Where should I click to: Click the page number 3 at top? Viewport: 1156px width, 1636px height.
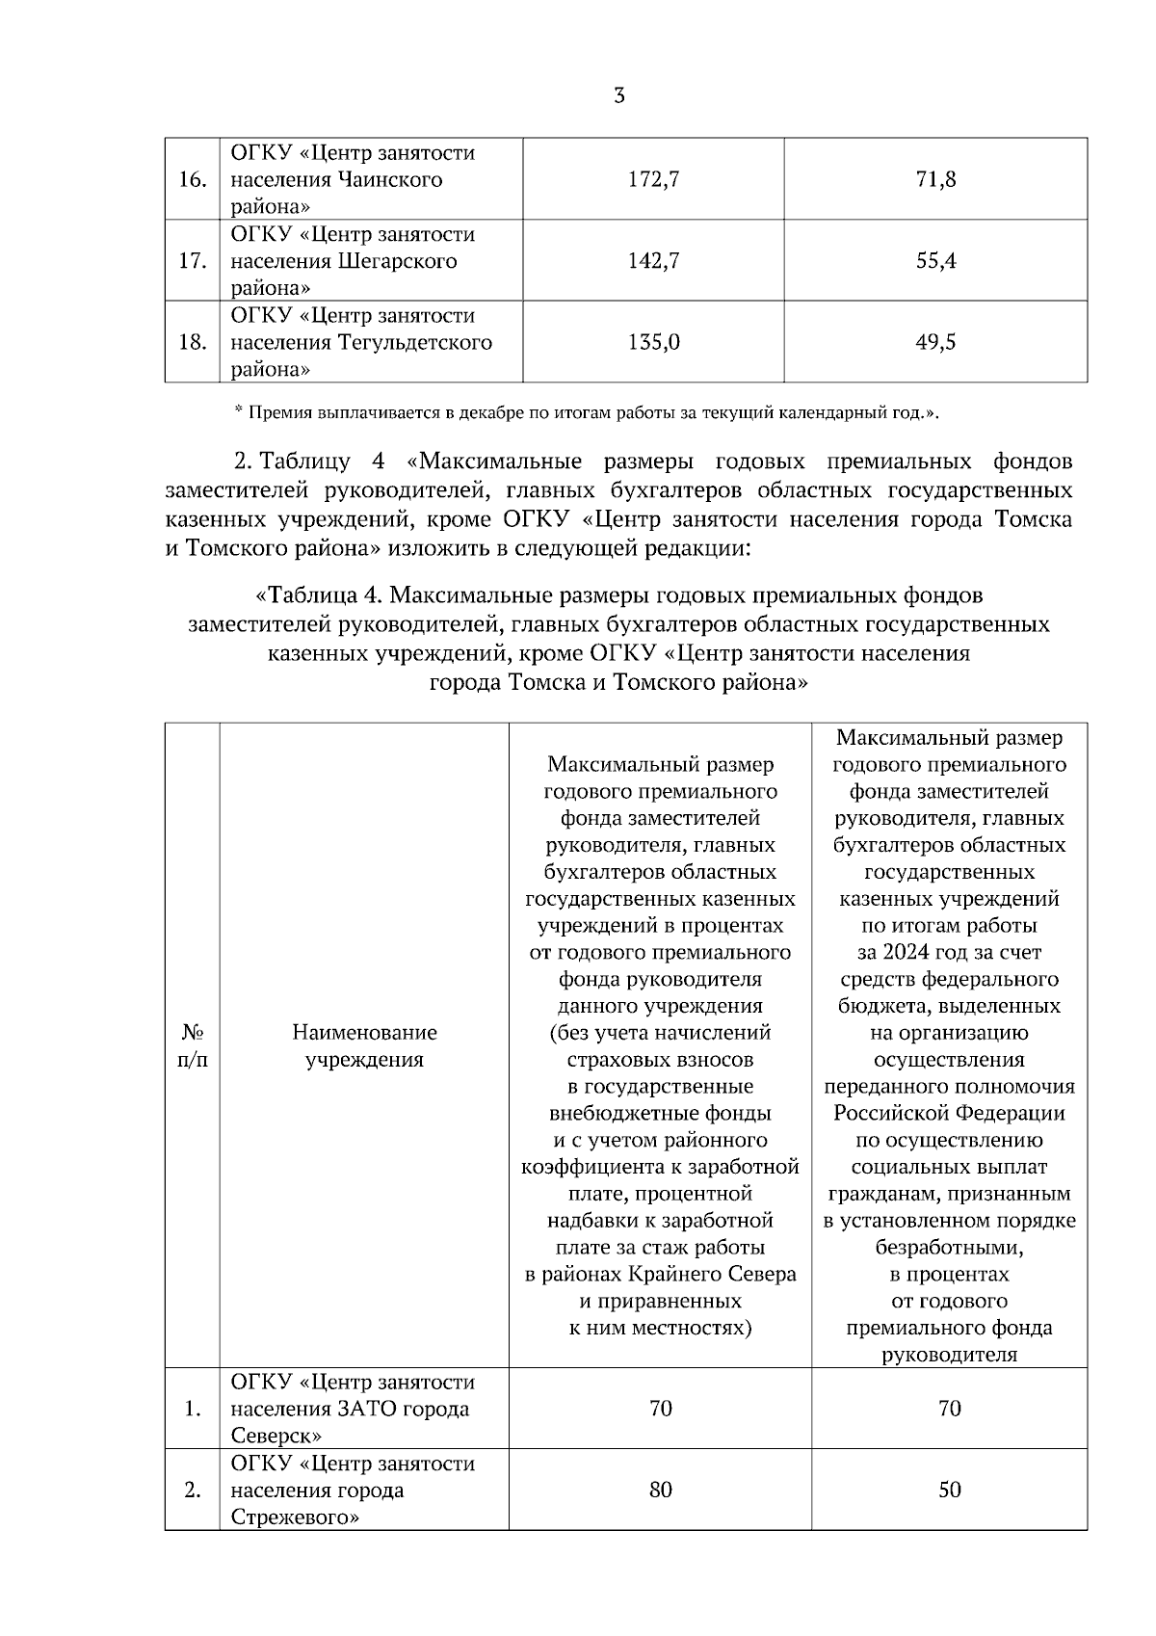pos(618,95)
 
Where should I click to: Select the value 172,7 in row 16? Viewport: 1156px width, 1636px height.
pos(654,179)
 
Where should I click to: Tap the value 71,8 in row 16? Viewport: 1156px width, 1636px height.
pos(935,179)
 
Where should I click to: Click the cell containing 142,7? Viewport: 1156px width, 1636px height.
pos(654,261)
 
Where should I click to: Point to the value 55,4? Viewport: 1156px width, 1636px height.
pos(935,261)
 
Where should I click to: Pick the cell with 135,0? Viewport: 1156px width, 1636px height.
pos(654,342)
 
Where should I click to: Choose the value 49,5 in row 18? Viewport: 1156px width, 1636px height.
pos(935,342)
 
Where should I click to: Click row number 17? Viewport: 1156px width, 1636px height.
pos(193,261)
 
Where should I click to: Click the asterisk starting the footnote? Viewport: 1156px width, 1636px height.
pos(239,411)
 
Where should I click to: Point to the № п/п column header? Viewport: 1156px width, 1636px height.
pos(193,1045)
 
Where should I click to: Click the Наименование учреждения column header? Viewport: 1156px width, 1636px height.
pos(364,1045)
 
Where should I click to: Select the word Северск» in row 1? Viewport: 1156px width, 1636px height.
pos(276,1436)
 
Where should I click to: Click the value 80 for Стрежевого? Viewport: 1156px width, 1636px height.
pos(660,1490)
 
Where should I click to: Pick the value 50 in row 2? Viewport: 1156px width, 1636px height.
pos(949,1490)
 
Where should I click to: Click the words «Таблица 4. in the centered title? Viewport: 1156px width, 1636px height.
pos(318,594)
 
